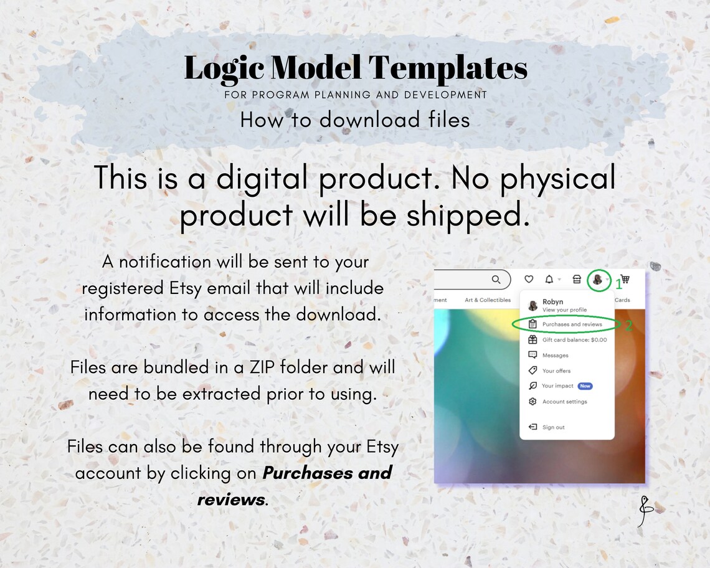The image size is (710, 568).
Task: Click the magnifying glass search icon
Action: tap(496, 280)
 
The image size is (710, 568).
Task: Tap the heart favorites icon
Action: tap(529, 280)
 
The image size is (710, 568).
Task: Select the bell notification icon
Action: tap(549, 280)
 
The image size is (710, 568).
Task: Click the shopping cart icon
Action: tap(625, 280)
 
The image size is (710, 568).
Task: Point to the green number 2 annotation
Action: tap(628, 326)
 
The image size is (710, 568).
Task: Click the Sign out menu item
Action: tap(553, 427)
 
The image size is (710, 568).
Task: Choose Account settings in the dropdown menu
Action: tap(564, 402)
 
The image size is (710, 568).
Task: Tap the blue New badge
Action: tap(585, 386)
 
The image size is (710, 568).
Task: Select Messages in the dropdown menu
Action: tap(555, 356)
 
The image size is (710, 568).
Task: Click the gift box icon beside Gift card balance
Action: tap(532, 340)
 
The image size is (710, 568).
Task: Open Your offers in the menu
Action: tap(556, 371)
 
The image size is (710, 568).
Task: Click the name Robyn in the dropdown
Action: tap(552, 302)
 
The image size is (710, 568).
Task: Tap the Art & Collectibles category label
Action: tap(488, 300)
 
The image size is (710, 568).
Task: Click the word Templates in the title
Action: tap(448, 69)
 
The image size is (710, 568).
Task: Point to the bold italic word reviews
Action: tap(231, 499)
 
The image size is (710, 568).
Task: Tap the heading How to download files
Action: tap(355, 120)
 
